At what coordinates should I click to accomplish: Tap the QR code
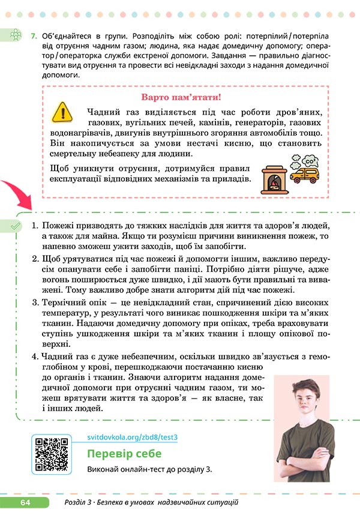tap(51, 455)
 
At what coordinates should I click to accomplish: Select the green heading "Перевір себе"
tap(123, 453)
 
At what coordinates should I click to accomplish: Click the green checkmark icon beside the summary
tap(17, 225)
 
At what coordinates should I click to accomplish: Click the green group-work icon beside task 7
tap(16, 37)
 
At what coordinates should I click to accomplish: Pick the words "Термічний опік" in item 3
tap(73, 302)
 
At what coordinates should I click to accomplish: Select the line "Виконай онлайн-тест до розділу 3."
tap(149, 469)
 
